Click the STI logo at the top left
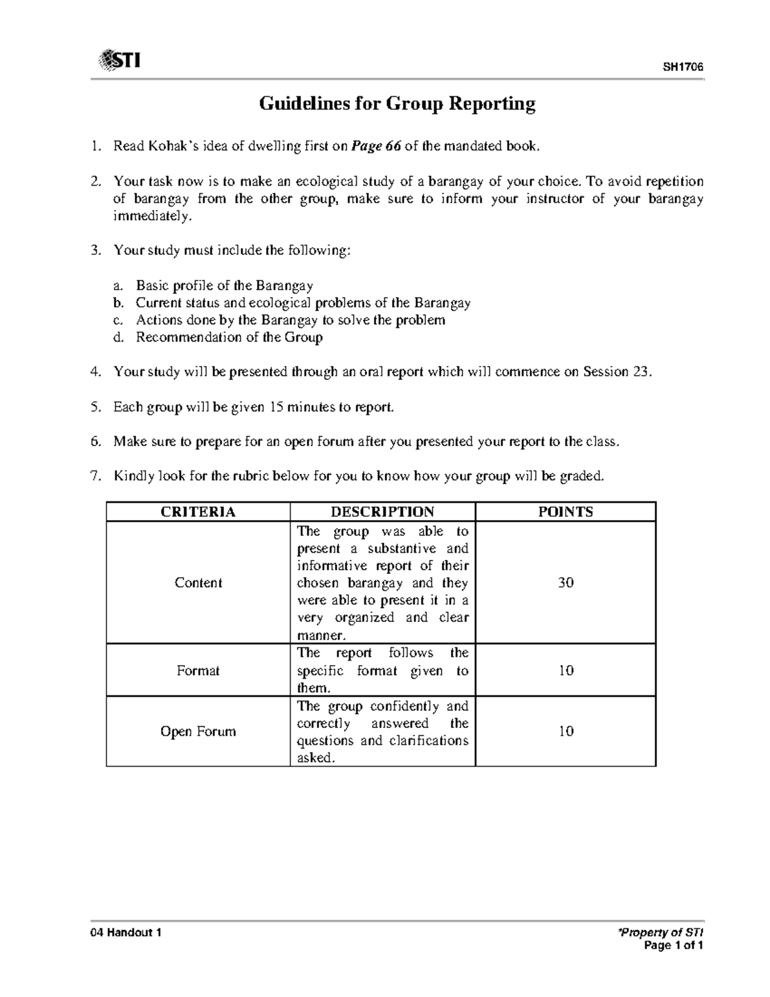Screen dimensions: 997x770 tap(120, 61)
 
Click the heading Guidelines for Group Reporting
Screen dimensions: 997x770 tap(397, 104)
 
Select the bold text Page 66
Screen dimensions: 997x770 tap(376, 146)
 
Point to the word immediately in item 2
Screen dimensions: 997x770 tap(152, 216)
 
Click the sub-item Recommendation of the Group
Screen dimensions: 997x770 tap(229, 337)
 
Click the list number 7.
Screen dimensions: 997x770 tap(95, 476)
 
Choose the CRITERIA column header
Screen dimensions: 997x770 tap(198, 512)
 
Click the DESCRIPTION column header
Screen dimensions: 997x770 tap(382, 512)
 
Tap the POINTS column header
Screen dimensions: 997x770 tap(565, 512)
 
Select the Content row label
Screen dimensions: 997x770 tap(198, 583)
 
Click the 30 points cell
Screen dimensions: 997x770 tap(565, 583)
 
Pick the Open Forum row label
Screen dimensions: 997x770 tap(198, 732)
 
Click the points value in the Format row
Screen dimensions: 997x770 tap(565, 671)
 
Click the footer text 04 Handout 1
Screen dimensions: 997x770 tap(126, 933)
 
